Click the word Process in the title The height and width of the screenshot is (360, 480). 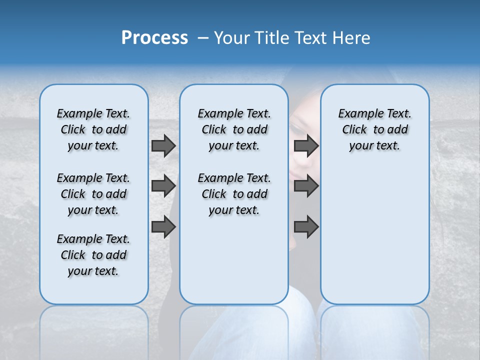[x=154, y=37]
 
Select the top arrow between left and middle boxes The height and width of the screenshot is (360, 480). [x=163, y=145]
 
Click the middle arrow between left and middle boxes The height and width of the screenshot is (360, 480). [x=163, y=186]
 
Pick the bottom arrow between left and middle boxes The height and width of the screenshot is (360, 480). [x=163, y=226]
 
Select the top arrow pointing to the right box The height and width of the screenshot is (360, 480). [x=306, y=145]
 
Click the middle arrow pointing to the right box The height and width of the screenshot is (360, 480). [x=306, y=186]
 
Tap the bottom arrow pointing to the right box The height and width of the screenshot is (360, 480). [x=306, y=226]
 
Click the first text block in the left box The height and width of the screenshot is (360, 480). [x=93, y=129]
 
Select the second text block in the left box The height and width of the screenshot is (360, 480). [x=93, y=194]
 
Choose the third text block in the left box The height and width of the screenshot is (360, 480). [x=93, y=255]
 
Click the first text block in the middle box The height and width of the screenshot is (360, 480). [x=234, y=129]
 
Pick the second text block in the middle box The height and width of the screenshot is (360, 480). [x=234, y=194]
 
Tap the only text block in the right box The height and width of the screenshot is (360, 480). [x=374, y=129]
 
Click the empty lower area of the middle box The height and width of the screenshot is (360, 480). [x=234, y=260]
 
